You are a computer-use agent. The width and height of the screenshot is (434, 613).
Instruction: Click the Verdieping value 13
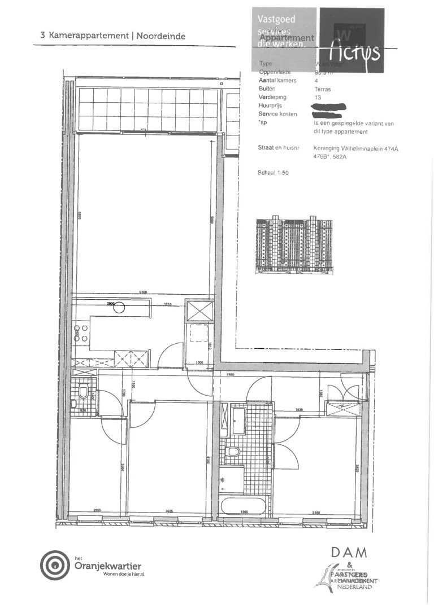pyautogui.click(x=316, y=97)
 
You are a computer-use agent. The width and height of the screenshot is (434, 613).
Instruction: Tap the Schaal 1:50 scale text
pyautogui.click(x=273, y=173)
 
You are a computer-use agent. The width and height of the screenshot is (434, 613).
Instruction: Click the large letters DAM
pyautogui.click(x=349, y=551)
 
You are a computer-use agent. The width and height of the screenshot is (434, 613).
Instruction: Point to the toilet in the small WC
pyautogui.click(x=83, y=391)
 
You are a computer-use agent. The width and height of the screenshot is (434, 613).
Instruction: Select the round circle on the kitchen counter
pyautogui.click(x=120, y=308)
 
